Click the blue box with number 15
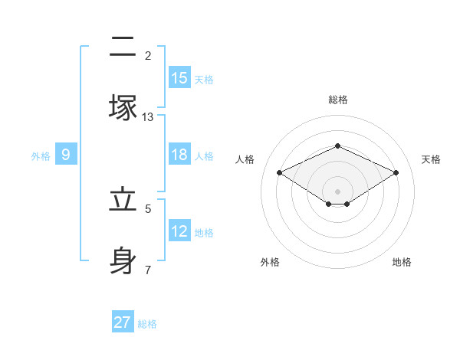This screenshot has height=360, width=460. pos(179,77)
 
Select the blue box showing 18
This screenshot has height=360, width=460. pos(179,155)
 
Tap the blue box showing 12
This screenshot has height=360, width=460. pos(179,231)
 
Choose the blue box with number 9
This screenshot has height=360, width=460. pos(66,155)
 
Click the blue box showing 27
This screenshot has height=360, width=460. pos(123,322)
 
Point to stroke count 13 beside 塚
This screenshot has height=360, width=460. pos(148,117)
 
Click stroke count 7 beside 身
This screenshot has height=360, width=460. pos(148,270)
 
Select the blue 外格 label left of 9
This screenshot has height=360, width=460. pos(41,155)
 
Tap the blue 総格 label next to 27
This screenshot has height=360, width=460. pos(147,324)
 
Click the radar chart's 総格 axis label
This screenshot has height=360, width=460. pos(337,100)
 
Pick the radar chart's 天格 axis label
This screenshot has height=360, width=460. pos(431,159)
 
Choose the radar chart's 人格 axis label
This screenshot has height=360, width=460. pos(245,159)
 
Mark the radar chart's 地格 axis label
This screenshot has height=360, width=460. pos(402,262)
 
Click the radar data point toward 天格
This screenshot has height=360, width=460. pos(396,172)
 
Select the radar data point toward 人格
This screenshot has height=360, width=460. pos(279,172)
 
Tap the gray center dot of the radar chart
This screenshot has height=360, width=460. pos(337,191)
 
